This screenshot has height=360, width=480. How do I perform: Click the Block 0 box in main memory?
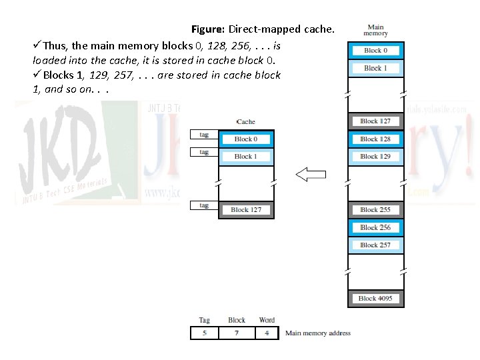(375, 50)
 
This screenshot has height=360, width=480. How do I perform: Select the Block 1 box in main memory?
(375, 68)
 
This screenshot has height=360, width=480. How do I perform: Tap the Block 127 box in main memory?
(375, 121)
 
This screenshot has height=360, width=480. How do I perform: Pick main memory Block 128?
(375, 139)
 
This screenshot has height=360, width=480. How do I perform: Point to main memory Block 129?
(375, 157)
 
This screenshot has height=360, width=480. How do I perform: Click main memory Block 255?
(375, 210)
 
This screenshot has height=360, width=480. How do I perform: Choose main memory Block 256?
(375, 227)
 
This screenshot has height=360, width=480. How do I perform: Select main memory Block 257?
(375, 245)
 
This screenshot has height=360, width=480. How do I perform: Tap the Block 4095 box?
(375, 299)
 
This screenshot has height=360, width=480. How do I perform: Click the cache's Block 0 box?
(245, 139)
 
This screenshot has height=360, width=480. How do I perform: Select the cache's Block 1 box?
(245, 157)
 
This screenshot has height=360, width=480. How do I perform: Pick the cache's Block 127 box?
(245, 210)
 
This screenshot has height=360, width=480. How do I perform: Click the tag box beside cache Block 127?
(204, 205)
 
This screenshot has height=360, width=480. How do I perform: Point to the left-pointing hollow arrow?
(311, 175)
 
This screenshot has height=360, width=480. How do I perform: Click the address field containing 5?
(204, 333)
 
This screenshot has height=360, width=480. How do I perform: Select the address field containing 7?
(237, 333)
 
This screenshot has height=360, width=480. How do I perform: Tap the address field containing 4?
(267, 333)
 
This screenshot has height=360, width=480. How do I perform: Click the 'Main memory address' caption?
(317, 333)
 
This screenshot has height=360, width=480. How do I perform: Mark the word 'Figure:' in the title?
(209, 29)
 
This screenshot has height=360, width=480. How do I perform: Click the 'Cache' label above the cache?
(246, 122)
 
